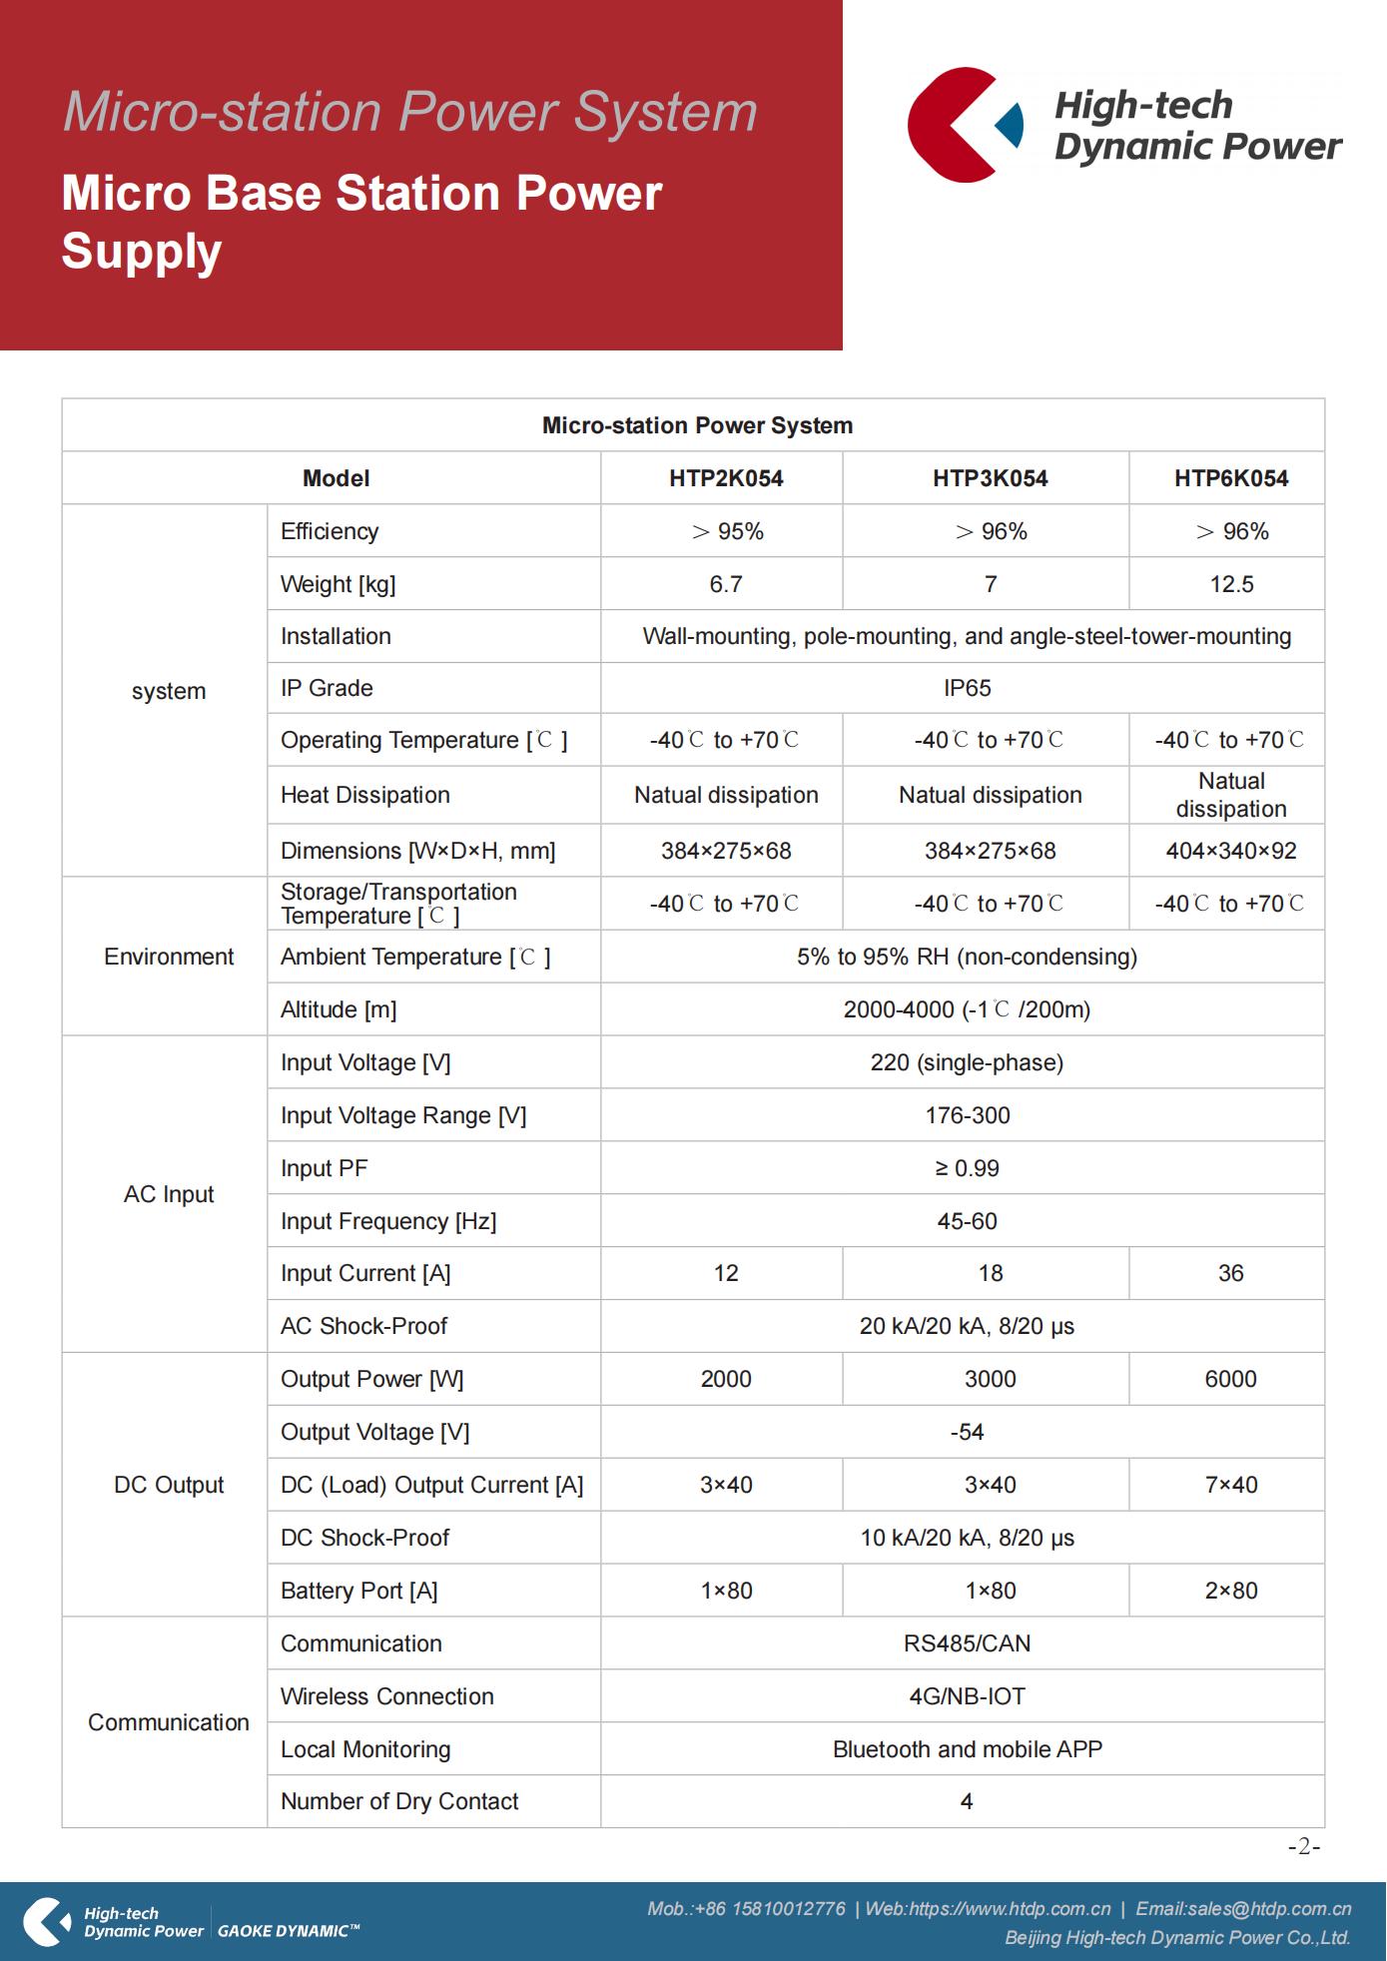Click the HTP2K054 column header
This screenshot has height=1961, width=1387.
tap(726, 478)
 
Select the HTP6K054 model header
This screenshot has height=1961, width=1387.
tap(1230, 478)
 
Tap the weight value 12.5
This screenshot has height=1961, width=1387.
tap(1231, 584)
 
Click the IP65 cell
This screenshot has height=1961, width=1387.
tap(967, 688)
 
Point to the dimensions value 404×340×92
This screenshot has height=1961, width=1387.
tap(1230, 851)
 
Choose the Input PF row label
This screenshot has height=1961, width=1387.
tap(325, 1168)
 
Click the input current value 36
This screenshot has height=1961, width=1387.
tap(1230, 1273)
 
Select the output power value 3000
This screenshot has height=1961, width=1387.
tap(990, 1379)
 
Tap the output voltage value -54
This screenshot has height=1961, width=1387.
tap(967, 1432)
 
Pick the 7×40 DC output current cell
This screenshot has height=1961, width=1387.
tap(1230, 1485)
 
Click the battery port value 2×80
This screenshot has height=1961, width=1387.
tap(1230, 1591)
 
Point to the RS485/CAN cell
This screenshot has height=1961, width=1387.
tap(967, 1643)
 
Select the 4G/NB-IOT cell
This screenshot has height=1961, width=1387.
tap(967, 1696)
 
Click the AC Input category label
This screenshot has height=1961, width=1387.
tap(169, 1194)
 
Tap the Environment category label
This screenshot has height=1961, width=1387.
tap(169, 957)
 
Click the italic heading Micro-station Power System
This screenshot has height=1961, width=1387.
tap(410, 112)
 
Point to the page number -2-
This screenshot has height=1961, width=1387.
tap(1303, 1846)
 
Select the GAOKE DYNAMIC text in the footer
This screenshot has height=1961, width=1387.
tap(288, 1931)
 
